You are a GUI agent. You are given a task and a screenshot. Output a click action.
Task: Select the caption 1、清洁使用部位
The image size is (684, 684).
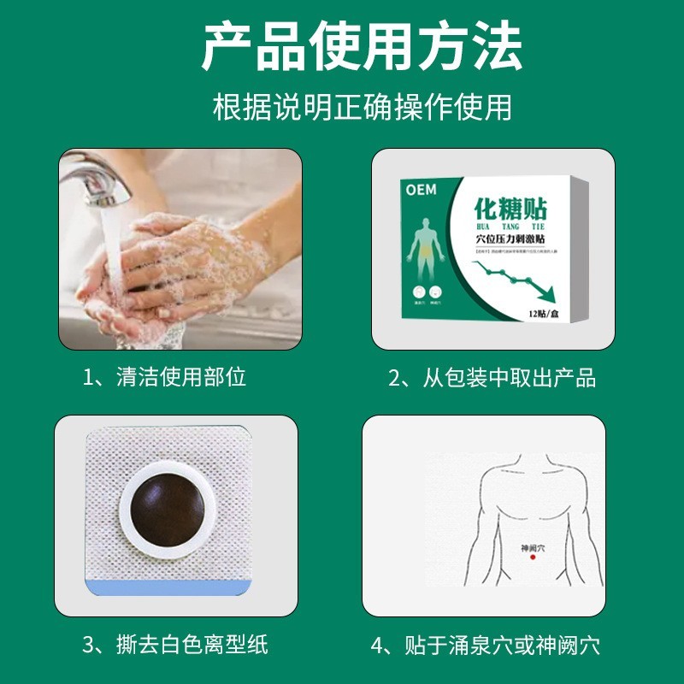(x=164, y=377)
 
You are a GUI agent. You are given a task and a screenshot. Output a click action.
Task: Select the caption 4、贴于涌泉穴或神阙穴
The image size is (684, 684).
(x=486, y=644)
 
